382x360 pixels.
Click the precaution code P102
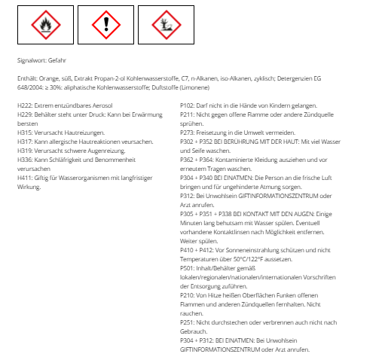[x=188, y=105]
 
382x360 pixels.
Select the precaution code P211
[x=188, y=114]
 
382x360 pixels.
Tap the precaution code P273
[x=188, y=132]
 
